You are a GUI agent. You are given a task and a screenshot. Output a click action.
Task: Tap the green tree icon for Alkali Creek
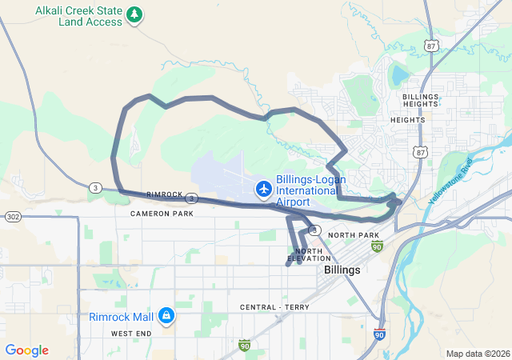(x=135, y=14)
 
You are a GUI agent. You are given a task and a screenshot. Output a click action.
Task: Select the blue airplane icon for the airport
(x=263, y=189)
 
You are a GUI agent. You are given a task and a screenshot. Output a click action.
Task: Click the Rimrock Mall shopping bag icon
(x=166, y=316)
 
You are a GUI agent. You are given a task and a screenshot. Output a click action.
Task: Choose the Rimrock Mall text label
(x=122, y=316)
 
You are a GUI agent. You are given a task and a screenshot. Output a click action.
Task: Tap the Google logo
(x=26, y=350)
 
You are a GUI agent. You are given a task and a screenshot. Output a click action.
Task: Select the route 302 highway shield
(x=12, y=217)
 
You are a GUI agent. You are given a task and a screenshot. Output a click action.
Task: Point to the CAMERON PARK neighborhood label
(x=162, y=214)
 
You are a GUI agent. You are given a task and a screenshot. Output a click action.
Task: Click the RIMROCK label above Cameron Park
(x=165, y=195)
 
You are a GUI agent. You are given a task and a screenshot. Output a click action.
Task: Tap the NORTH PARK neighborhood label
(x=353, y=235)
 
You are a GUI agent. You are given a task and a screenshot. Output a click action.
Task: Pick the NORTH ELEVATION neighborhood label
(x=307, y=255)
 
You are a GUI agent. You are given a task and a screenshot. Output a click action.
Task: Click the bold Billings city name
(x=342, y=270)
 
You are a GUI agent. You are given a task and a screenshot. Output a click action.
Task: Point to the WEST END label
(x=131, y=333)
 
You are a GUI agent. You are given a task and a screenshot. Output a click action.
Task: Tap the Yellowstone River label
(x=450, y=181)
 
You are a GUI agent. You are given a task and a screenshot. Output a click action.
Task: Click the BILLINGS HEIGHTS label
(x=420, y=101)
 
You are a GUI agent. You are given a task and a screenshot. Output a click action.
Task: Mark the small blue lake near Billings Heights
(x=398, y=77)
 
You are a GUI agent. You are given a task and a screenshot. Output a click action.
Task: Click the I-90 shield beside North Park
(x=377, y=246)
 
